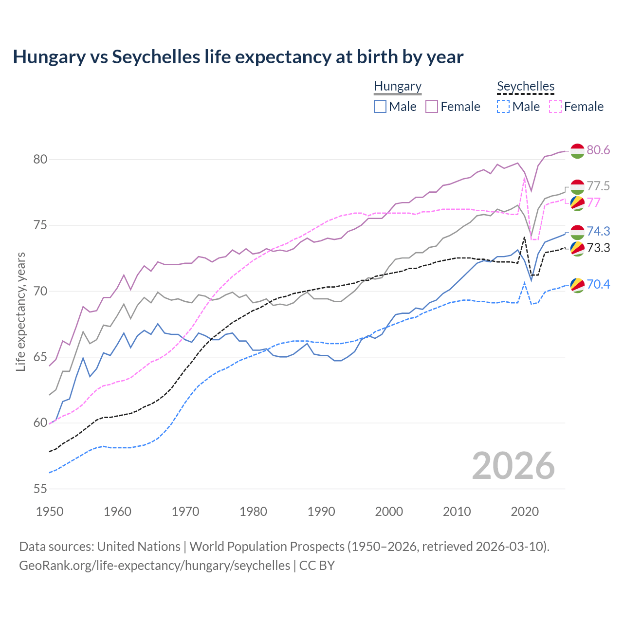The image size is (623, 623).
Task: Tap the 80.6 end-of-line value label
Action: pyautogui.click(x=598, y=150)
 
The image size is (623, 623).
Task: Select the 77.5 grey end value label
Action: pyautogui.click(x=598, y=186)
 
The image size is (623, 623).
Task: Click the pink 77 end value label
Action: pyautogui.click(x=594, y=202)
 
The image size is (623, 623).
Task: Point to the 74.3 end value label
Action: pyautogui.click(x=598, y=232)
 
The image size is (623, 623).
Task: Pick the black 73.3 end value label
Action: pyautogui.click(x=598, y=248)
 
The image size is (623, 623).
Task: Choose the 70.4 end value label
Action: pyautogui.click(x=598, y=284)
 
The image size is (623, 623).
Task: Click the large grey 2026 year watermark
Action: pyautogui.click(x=513, y=466)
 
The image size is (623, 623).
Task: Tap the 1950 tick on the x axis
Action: pyautogui.click(x=50, y=512)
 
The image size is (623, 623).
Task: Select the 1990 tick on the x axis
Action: pyautogui.click(x=321, y=512)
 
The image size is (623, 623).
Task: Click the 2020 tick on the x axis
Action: pyautogui.click(x=525, y=512)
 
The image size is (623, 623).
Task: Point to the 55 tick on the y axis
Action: pyautogui.click(x=40, y=489)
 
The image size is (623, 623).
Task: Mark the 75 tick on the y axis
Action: pyautogui.click(x=40, y=225)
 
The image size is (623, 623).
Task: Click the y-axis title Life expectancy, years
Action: pyautogui.click(x=20, y=311)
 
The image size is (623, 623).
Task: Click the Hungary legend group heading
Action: pyautogui.click(x=398, y=86)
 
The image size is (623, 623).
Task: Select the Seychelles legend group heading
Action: pyautogui.click(x=526, y=86)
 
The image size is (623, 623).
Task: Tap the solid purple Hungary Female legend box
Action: pyautogui.click(x=432, y=107)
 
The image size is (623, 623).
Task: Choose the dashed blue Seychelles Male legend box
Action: pyautogui.click(x=503, y=107)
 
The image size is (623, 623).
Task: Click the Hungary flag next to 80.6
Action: pyautogui.click(x=577, y=151)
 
